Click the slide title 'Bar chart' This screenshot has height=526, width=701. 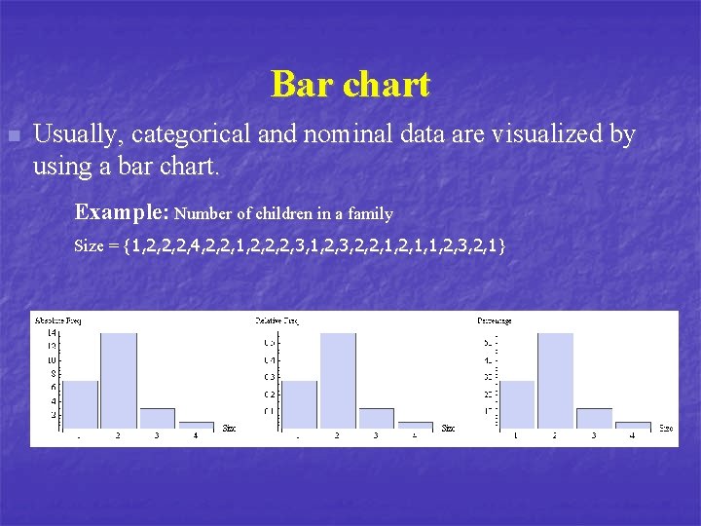point(350,85)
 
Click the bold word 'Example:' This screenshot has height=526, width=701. point(123,211)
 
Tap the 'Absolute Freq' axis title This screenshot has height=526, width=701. point(57,320)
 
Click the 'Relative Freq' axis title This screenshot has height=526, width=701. point(277,320)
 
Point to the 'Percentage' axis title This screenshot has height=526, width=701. point(495,320)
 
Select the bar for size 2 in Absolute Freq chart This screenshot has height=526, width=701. point(118,381)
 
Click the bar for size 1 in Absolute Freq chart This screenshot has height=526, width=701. point(80,404)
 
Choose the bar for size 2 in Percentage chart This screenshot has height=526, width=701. point(555,381)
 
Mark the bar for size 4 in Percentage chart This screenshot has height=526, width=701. point(633,426)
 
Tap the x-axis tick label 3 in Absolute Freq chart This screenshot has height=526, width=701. point(157,436)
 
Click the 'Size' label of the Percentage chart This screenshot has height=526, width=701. point(666,428)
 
